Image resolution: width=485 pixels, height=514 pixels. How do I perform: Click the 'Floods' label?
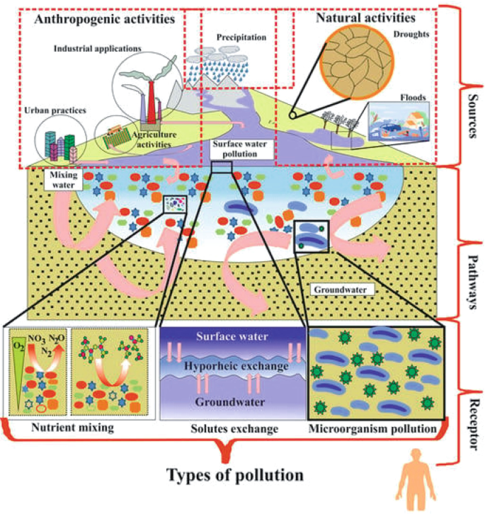coord(414,97)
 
